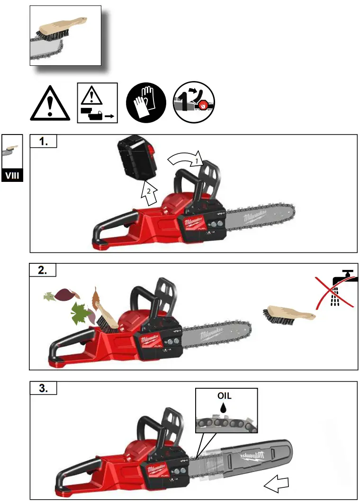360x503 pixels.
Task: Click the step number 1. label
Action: tap(43, 142)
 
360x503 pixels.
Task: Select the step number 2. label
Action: tap(43, 270)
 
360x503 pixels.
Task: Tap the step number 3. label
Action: tap(43, 388)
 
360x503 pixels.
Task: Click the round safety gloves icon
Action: tap(146, 102)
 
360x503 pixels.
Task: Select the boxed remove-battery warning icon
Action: tap(97, 103)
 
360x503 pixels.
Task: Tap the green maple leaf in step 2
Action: tap(81, 314)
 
